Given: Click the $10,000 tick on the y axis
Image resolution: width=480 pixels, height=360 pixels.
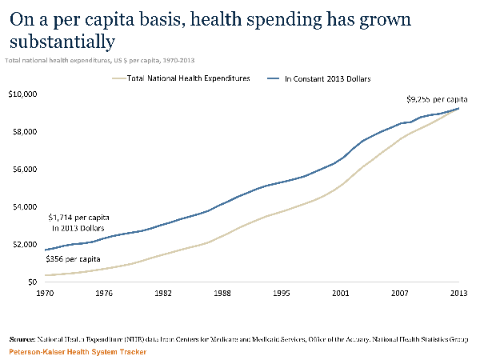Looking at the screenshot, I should coord(22,94).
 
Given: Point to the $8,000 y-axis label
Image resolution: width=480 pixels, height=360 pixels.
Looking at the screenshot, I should coord(24,131).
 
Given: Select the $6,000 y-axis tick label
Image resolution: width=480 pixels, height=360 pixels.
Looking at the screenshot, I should coord(24,169).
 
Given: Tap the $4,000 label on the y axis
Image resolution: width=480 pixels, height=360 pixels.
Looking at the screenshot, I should coord(24,206).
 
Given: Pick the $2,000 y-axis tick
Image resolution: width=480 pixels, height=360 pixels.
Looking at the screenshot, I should coord(24,244).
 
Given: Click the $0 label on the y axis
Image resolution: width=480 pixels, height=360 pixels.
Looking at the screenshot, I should coord(32,282).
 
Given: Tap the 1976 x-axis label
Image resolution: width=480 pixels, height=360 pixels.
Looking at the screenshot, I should coord(105,294).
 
